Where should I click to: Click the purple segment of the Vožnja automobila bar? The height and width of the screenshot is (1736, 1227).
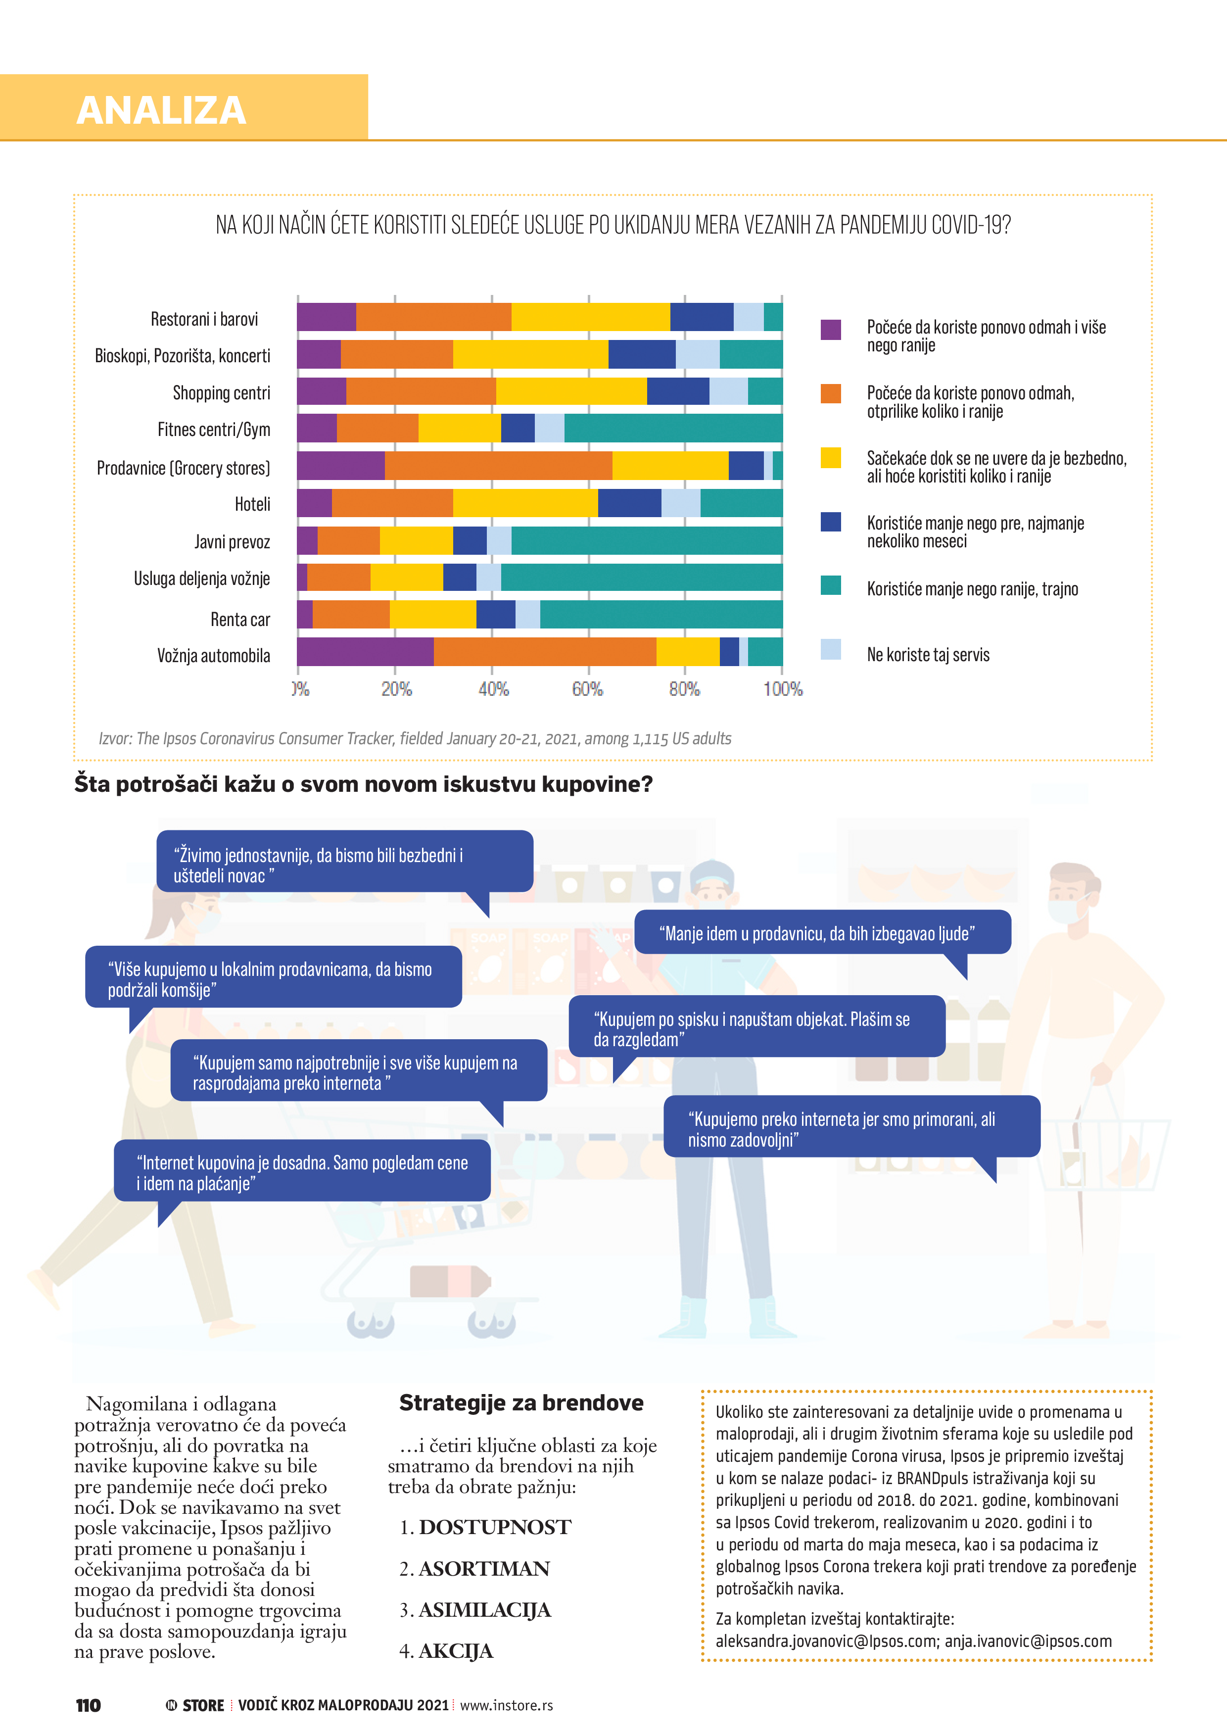click(x=365, y=652)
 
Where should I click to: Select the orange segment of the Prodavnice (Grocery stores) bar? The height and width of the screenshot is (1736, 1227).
click(x=498, y=466)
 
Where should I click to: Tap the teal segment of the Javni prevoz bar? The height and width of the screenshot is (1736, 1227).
click(x=646, y=540)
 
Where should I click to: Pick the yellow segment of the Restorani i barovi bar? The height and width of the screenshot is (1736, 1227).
click(x=590, y=317)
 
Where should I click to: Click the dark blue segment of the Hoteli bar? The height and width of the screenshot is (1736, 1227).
click(x=629, y=503)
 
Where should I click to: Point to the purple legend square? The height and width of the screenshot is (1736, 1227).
click(x=831, y=330)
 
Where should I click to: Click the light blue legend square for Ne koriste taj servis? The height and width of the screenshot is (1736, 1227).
click(x=831, y=649)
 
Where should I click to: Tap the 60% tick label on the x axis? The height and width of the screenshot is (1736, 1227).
click(x=587, y=689)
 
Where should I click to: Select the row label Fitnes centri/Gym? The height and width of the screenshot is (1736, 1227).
click(x=213, y=430)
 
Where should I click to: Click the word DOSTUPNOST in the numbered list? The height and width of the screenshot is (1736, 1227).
click(x=495, y=1527)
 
